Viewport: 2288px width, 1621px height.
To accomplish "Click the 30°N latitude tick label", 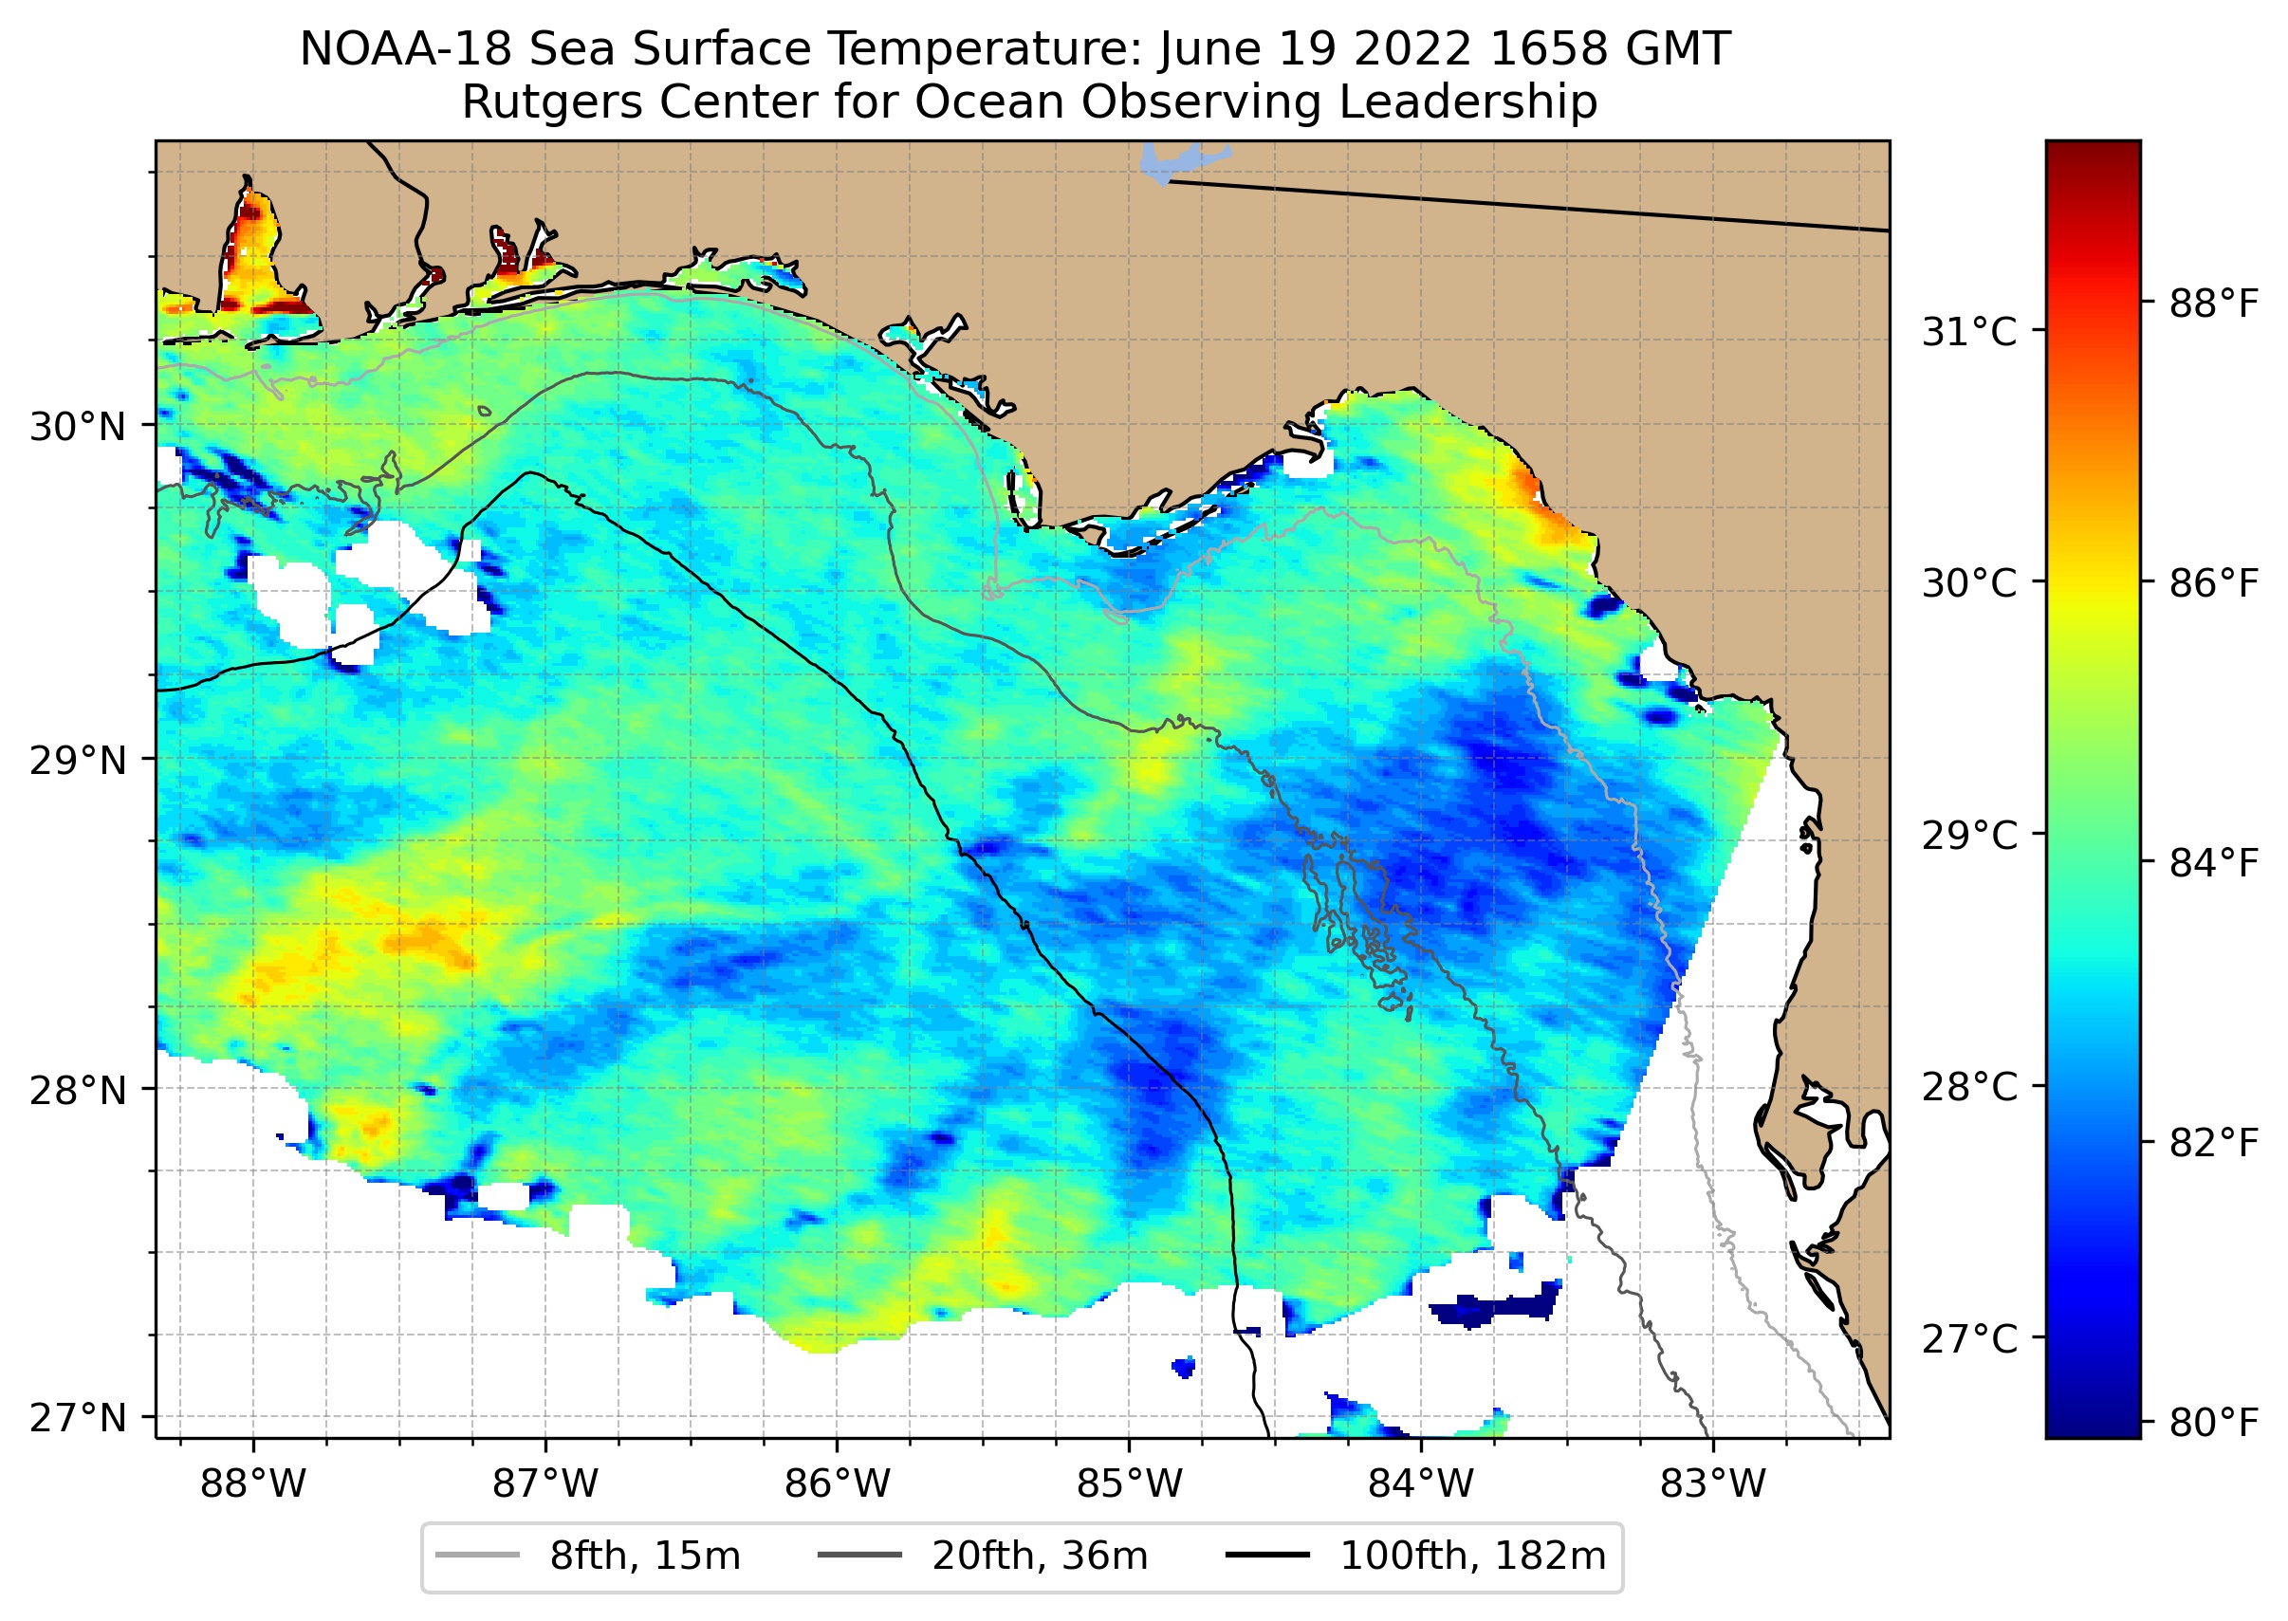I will (78, 427).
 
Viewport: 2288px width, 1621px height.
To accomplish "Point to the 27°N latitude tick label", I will (78, 1418).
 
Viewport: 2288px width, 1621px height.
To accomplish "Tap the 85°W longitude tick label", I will (1129, 1484).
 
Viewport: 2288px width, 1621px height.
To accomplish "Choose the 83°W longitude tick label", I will (1713, 1484).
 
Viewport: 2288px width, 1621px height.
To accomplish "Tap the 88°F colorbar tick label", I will (2213, 304).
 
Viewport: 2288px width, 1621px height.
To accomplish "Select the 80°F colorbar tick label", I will (2213, 1423).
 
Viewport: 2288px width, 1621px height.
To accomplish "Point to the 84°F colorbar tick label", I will (2213, 863).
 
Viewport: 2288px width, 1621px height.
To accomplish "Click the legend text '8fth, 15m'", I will (645, 1557).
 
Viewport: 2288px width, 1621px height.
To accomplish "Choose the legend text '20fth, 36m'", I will (1041, 1557).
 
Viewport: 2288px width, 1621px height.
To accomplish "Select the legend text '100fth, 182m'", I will (1472, 1557).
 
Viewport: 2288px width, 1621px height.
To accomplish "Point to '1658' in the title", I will (1541, 49).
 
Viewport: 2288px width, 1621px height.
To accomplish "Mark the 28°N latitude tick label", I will (78, 1090).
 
